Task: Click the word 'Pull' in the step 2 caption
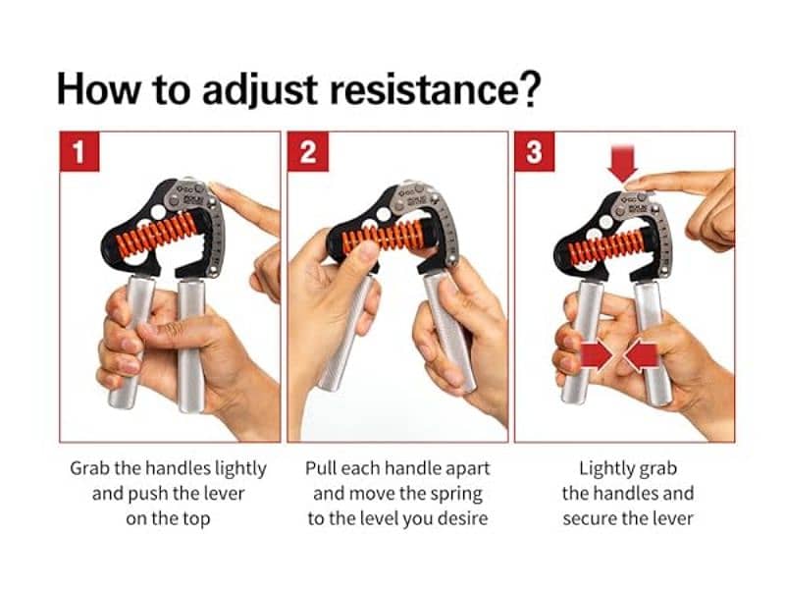pos(324,468)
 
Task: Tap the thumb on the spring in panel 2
pos(360,257)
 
